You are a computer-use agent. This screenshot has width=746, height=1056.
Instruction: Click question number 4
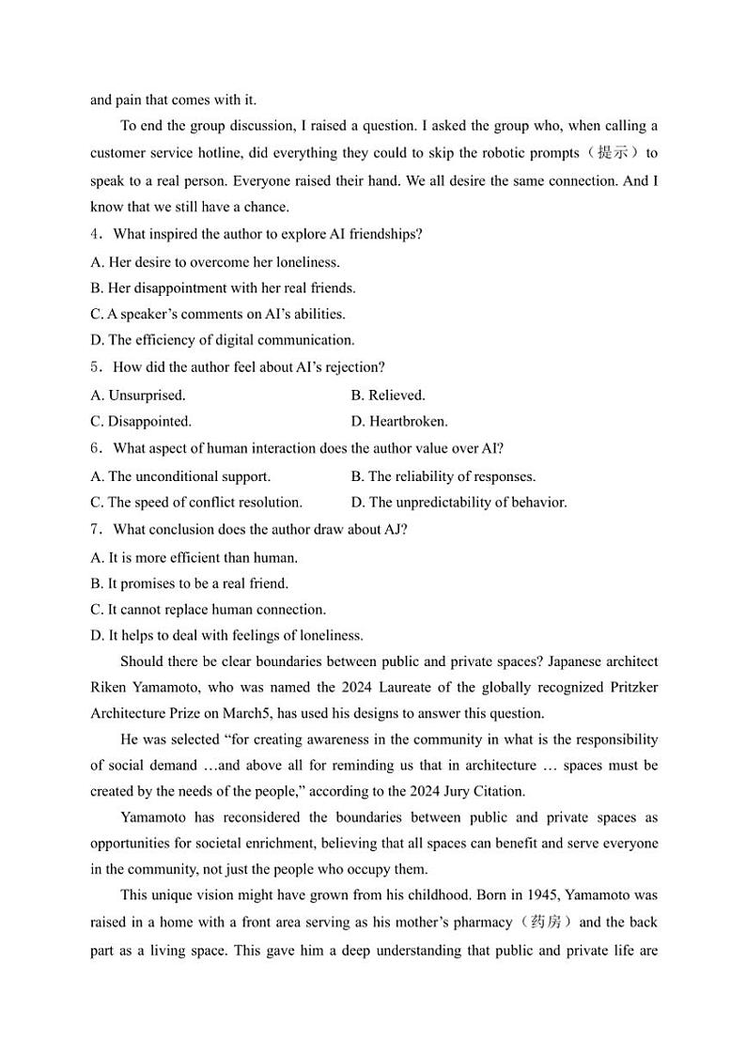point(95,234)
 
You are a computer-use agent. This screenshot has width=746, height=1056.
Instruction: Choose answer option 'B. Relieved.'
point(387,395)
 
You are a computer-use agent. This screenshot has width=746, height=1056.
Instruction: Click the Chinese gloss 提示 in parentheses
point(617,153)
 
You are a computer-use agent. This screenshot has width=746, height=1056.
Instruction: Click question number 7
point(95,529)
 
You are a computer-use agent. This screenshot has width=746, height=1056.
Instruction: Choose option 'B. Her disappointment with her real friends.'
point(223,287)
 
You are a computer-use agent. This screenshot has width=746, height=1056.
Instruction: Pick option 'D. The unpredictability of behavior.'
point(458,502)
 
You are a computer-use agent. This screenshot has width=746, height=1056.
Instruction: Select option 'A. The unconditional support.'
point(180,476)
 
